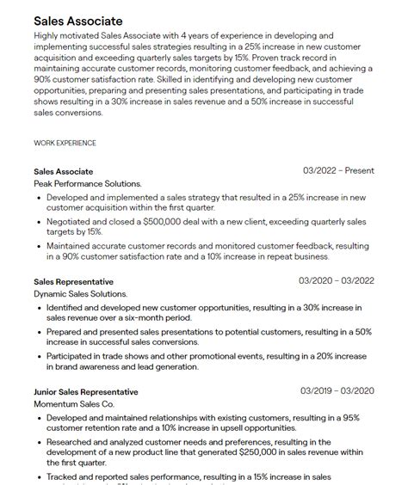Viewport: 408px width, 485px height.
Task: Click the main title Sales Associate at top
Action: tap(78, 20)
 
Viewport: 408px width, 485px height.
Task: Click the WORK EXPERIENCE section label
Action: tap(65, 143)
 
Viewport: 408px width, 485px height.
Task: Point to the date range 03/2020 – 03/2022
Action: tap(336, 281)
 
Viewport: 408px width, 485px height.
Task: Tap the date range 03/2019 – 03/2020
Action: tap(336, 392)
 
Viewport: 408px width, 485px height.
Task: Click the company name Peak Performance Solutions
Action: tap(88, 184)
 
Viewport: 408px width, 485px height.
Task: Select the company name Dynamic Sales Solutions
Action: tap(81, 294)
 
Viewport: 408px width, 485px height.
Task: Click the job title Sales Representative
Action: tap(73, 282)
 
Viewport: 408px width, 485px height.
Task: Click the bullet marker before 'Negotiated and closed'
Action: tap(40, 221)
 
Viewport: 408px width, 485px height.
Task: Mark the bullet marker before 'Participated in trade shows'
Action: tap(40, 356)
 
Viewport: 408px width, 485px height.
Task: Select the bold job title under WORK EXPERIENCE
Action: tap(64, 172)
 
